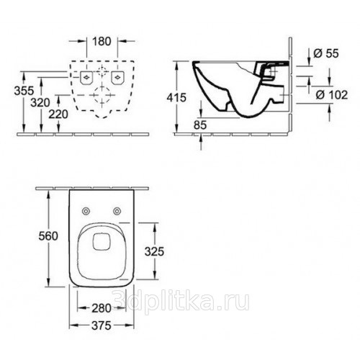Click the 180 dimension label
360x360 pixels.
(x=102, y=42)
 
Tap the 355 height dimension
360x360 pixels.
(x=24, y=91)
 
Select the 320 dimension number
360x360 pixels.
(x=40, y=103)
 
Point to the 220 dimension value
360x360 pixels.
(x=58, y=114)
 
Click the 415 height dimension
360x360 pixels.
(x=176, y=97)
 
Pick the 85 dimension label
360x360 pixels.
(x=200, y=125)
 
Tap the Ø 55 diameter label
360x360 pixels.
(x=326, y=53)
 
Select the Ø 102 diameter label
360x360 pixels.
(x=332, y=95)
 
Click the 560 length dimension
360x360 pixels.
(x=48, y=236)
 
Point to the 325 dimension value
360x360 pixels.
(x=154, y=251)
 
